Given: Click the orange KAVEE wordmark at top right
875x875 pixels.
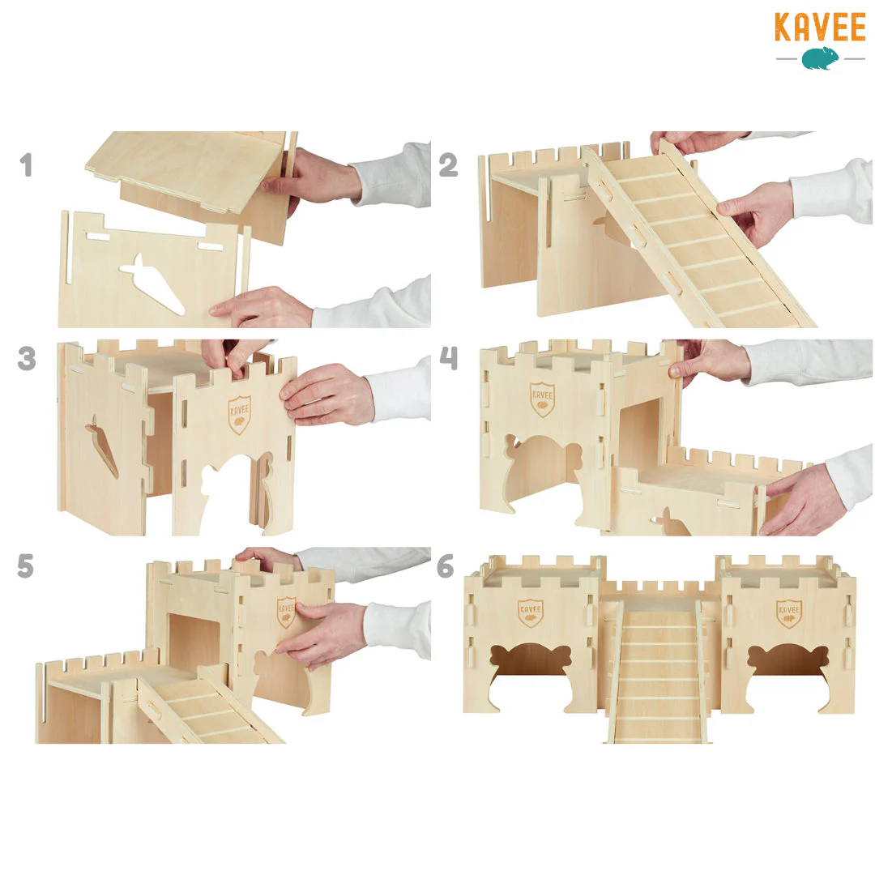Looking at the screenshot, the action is coord(820,28).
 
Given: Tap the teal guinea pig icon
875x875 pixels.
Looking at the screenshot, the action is coord(820,58).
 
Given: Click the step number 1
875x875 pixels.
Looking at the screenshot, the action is coord(26,165).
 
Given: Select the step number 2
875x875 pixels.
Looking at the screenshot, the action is coord(448,165).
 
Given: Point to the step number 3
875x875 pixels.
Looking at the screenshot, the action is coord(27,358).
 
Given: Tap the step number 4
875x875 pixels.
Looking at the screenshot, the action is coord(449,358).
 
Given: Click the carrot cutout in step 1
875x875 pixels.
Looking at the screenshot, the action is coord(152,284).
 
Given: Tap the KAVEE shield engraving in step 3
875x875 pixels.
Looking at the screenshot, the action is coord(239,415).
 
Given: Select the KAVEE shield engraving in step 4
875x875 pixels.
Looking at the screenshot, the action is coord(542,399).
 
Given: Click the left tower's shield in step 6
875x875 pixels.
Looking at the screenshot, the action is coord(530,613).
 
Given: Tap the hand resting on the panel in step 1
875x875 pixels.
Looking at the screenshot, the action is coord(262,307).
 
